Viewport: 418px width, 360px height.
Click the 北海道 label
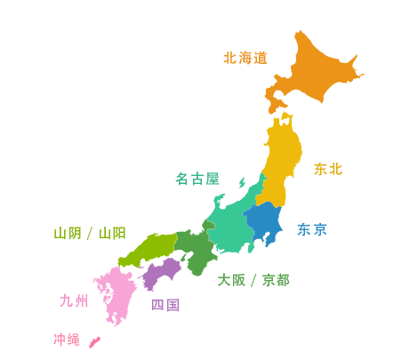[246, 60]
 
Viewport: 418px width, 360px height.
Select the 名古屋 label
[197, 180]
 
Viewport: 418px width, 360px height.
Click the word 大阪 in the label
[233, 281]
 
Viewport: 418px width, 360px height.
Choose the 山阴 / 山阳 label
[90, 233]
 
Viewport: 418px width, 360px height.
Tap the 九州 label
[71, 301]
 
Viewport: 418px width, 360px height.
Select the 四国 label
[165, 304]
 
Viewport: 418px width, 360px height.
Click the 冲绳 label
[67, 340]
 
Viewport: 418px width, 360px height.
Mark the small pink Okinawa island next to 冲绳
[94, 340]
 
